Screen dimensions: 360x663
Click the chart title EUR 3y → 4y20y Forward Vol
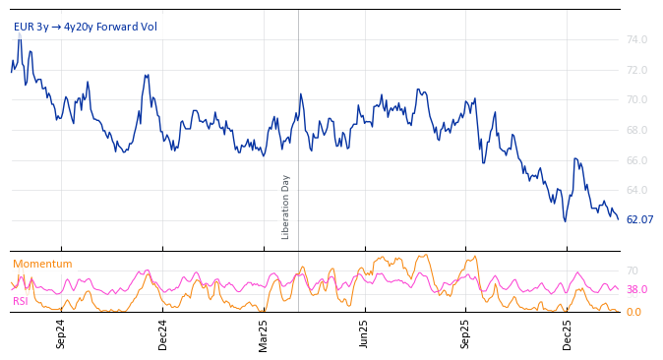(x=86, y=28)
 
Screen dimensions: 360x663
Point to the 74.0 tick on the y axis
(x=636, y=40)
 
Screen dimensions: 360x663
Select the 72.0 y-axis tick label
(x=636, y=71)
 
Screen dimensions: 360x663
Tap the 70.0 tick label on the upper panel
(x=636, y=100)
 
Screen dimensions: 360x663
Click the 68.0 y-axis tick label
(x=636, y=131)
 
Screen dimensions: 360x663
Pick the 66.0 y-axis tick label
(x=636, y=160)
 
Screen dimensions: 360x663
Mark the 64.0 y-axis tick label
(x=636, y=191)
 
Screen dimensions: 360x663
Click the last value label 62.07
(x=639, y=220)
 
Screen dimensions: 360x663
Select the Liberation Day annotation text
(x=286, y=207)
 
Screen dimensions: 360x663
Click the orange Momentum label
(x=42, y=265)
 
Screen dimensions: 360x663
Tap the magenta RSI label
(x=20, y=302)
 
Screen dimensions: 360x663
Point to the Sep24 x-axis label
(x=61, y=333)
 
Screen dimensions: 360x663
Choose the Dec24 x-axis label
(x=162, y=333)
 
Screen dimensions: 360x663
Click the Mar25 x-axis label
(x=264, y=333)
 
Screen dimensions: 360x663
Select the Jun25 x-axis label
(x=364, y=333)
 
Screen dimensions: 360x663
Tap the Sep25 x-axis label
(x=466, y=333)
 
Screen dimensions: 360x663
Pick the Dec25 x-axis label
(x=568, y=333)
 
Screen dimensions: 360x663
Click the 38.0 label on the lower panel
(x=636, y=290)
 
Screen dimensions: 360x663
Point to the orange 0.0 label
(x=633, y=313)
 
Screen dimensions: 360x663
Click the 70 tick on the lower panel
(x=632, y=271)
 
